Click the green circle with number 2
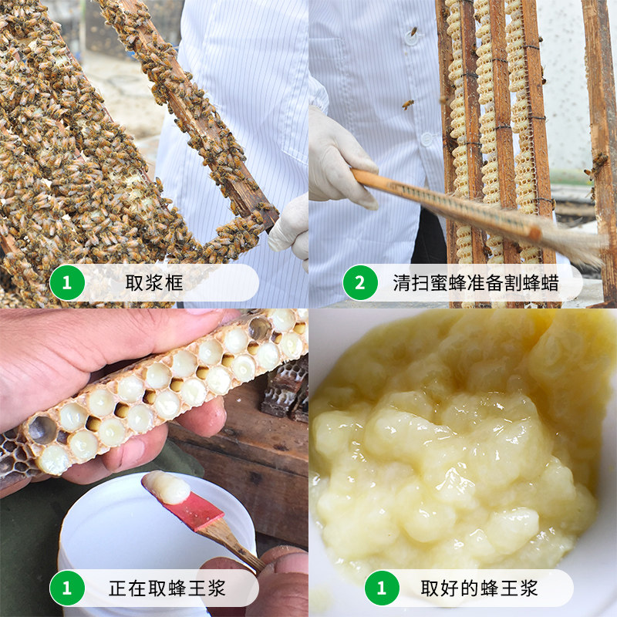(x=360, y=282)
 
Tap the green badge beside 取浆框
(x=67, y=282)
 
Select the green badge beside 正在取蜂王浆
(x=67, y=588)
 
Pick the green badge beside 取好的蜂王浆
(x=382, y=588)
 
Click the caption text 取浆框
(x=154, y=282)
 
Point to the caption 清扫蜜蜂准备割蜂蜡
(x=476, y=282)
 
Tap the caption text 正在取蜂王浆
(x=167, y=588)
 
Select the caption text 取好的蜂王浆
(x=479, y=588)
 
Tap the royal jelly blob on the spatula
(x=167, y=487)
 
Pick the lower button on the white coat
(x=427, y=139)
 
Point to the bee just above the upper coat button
(x=413, y=31)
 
